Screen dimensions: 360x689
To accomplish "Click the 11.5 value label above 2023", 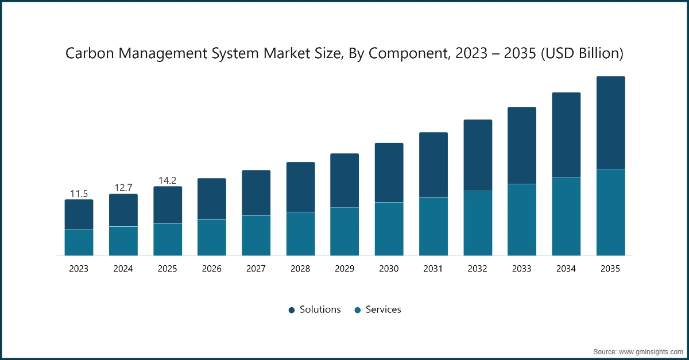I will coord(79,193).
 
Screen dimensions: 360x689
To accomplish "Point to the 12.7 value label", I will coord(123,188).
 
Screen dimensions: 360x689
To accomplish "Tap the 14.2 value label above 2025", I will coord(168,180).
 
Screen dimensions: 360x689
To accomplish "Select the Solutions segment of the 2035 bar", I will coord(610,122).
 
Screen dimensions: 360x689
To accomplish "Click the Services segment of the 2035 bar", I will coord(610,212).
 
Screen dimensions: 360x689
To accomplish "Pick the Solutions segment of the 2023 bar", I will coord(79,214).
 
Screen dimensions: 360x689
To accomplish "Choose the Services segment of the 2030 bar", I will coord(389,229).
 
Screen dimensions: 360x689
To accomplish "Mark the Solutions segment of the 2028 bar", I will coord(300,187).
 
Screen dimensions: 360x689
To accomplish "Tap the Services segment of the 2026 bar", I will coord(212,237).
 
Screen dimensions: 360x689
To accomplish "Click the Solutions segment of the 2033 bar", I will coord(521,145).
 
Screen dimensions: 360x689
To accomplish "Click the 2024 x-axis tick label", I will coord(123,268).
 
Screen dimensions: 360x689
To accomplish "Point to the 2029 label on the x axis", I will coord(344,268).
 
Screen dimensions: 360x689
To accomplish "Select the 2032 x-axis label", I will coord(478,268).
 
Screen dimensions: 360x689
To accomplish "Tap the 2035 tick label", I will coord(610,268).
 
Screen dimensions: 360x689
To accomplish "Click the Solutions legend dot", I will coord(292,310).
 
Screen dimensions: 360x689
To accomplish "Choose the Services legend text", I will coord(383,309).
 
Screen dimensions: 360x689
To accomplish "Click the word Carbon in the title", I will coord(86,53).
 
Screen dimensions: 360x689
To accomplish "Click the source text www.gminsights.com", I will coord(649,351).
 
